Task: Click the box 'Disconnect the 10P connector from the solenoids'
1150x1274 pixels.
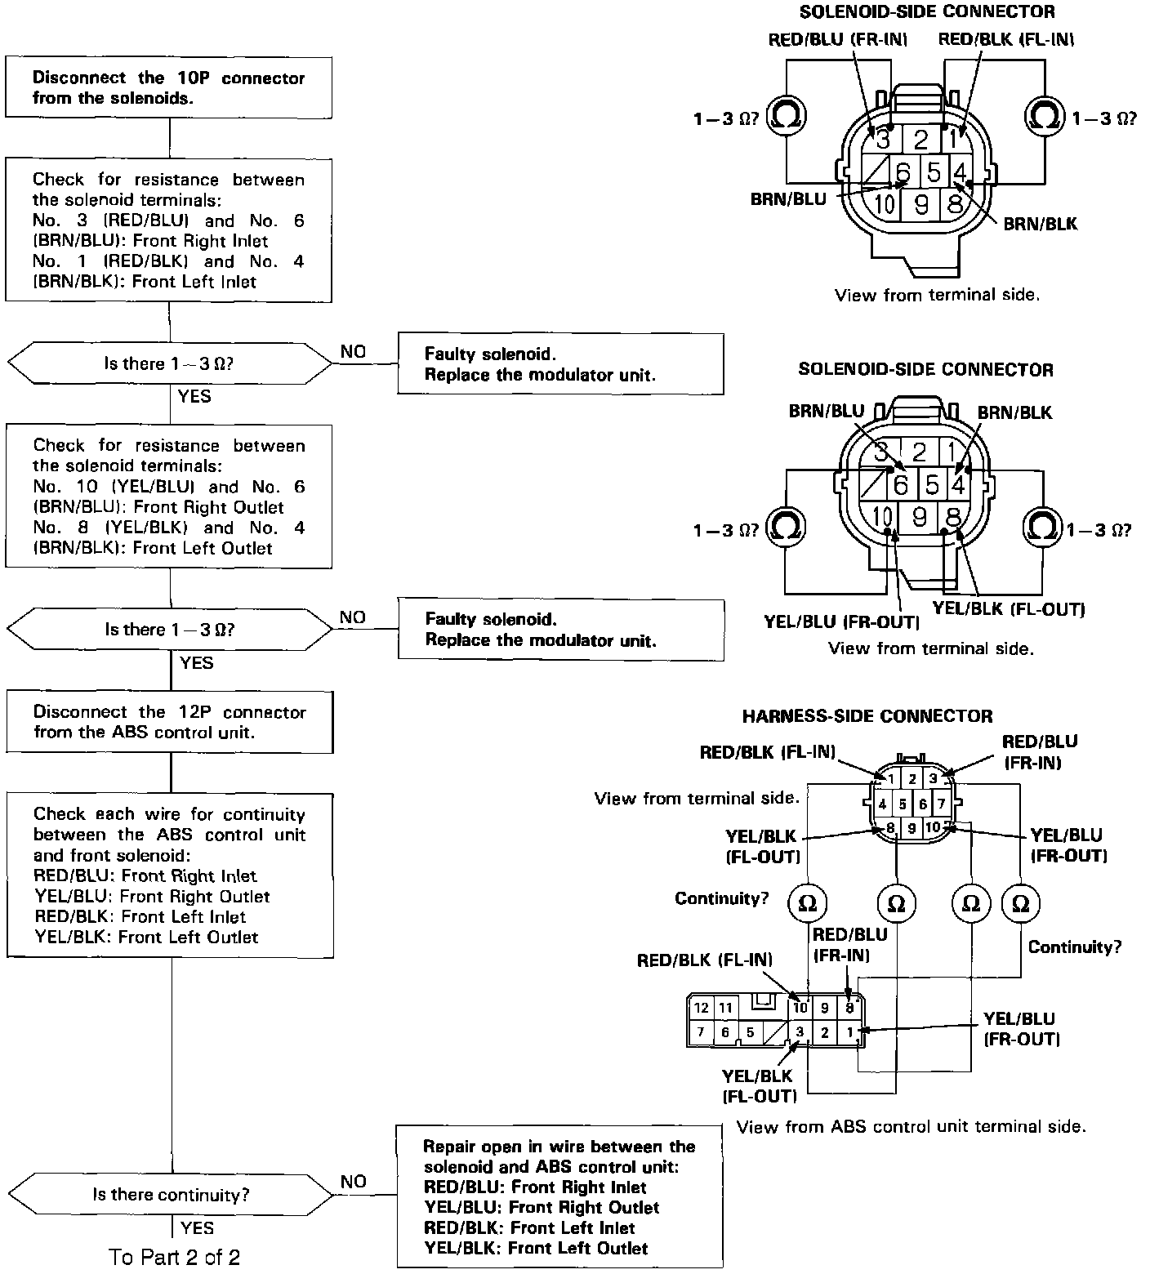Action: click(168, 87)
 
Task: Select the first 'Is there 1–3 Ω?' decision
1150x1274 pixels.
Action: click(168, 363)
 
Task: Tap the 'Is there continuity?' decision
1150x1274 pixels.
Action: click(170, 1195)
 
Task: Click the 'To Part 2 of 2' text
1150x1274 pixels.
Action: click(174, 1257)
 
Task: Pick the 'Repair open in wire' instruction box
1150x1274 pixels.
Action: click(559, 1196)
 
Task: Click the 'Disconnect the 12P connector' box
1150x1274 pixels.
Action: click(169, 722)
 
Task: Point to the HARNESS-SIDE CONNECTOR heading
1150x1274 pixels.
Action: click(867, 716)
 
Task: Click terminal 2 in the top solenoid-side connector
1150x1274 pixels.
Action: click(920, 139)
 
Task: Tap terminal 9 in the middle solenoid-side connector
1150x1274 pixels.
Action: click(920, 516)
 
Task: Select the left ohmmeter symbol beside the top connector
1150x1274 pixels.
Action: click(787, 118)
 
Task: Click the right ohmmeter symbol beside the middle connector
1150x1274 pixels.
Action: click(1043, 527)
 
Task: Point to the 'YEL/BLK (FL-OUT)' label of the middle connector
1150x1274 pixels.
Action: click(1009, 608)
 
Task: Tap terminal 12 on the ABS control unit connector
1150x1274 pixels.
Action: click(701, 1008)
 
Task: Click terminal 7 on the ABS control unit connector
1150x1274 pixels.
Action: click(701, 1032)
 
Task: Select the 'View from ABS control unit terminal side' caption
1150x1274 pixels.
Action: click(912, 1127)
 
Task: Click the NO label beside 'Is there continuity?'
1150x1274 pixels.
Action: click(353, 1181)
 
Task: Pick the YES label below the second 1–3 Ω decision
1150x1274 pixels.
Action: click(196, 662)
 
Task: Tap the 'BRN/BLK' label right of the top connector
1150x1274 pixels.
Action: click(1040, 224)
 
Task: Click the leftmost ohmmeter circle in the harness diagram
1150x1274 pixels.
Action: click(807, 903)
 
